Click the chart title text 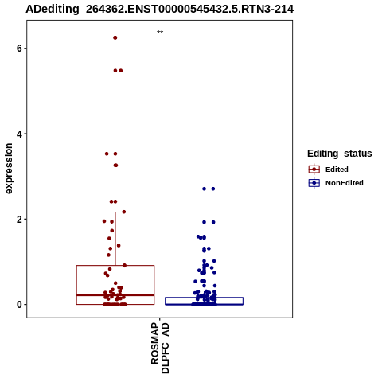click(159, 9)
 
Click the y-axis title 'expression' click(9, 169)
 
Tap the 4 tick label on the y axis click(19, 134)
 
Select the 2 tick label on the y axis click(19, 220)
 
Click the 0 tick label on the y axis click(19, 305)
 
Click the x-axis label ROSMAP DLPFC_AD click(160, 348)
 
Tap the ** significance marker click(160, 33)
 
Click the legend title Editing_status click(339, 154)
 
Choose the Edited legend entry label click(337, 170)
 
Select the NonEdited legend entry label click(345, 183)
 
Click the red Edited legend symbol click(314, 170)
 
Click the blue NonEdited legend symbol click(314, 183)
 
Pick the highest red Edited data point click(115, 37)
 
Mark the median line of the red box click(115, 295)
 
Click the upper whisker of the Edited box click(115, 239)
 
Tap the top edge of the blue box click(204, 298)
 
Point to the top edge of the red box click(115, 266)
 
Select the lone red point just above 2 click(123, 212)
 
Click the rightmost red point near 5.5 click(121, 71)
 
